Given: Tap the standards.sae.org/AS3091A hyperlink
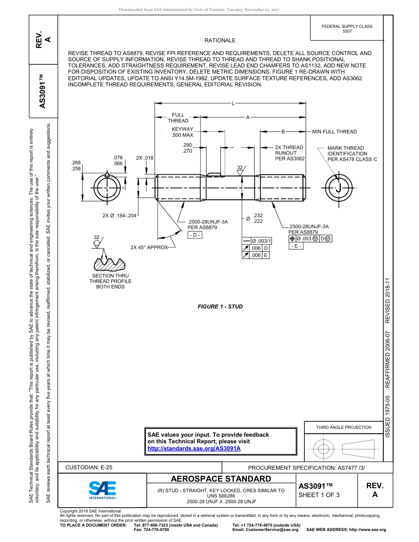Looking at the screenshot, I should (194, 448).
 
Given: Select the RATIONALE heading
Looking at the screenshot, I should (220, 41).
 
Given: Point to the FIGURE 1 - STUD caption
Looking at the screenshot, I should (220, 307).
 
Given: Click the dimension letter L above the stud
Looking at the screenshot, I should (232, 104).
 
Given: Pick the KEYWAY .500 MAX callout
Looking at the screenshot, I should (183, 132).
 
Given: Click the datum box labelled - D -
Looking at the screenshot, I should (195, 235).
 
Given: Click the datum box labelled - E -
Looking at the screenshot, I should (296, 246).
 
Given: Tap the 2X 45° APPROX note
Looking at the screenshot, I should (149, 248).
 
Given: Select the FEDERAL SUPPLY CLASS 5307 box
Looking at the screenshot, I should (347, 29).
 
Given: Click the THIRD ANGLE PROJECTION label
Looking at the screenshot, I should (344, 427).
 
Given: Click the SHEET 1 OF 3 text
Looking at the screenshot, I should (319, 495).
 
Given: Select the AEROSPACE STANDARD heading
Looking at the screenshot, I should (221, 479).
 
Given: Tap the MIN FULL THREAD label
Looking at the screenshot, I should (334, 132).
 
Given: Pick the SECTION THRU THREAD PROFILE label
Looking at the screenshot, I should (110, 281).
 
